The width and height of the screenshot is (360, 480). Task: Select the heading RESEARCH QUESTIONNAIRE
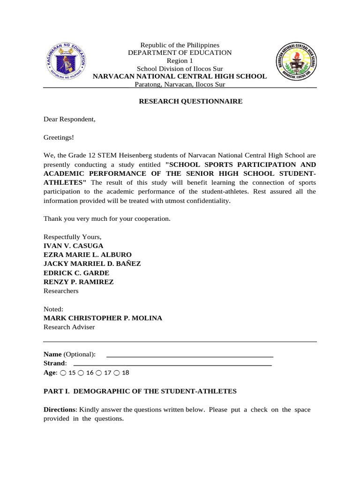[190, 101]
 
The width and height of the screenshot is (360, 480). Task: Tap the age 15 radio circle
[63, 373]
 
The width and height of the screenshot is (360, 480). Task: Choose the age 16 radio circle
[81, 373]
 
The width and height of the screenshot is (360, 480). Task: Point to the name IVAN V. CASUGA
[73, 246]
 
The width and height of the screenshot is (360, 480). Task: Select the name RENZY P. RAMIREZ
[78, 282]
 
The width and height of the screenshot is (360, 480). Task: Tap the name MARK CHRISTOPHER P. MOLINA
[103, 318]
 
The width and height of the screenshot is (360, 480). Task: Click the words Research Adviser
[69, 327]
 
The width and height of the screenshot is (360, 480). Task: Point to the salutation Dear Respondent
[69, 119]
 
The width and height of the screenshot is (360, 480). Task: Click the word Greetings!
[59, 137]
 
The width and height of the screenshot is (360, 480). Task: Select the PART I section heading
[140, 391]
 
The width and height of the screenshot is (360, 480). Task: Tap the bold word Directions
[60, 409]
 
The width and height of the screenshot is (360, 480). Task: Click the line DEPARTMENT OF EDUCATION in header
[180, 53]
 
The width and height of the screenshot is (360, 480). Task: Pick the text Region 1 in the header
[180, 61]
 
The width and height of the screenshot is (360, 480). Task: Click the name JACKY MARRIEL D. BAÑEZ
[92, 263]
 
